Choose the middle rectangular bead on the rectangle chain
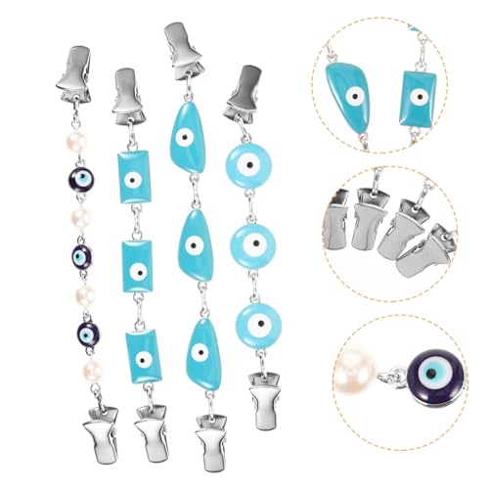(x=138, y=265)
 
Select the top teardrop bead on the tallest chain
(x=187, y=142)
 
